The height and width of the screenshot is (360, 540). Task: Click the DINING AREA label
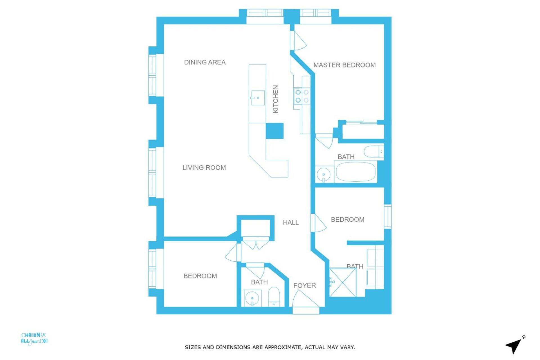pyautogui.click(x=205, y=62)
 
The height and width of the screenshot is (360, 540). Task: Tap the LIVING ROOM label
pyautogui.click(x=204, y=168)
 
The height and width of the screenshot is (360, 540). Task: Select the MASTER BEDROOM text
pyautogui.click(x=344, y=65)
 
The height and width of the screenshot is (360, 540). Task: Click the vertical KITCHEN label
pyautogui.click(x=276, y=99)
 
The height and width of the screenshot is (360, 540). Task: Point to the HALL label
pyautogui.click(x=291, y=222)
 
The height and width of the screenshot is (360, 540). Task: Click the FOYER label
pyautogui.click(x=304, y=285)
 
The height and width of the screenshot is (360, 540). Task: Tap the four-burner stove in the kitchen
pyautogui.click(x=302, y=96)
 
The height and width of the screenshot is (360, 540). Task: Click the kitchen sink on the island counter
pyautogui.click(x=258, y=98)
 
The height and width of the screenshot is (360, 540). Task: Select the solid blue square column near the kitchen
pyautogui.click(x=274, y=131)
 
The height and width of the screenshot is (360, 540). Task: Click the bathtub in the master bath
pyautogui.click(x=355, y=172)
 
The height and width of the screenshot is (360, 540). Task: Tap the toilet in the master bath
pyautogui.click(x=373, y=152)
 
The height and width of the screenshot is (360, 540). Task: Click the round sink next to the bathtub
pyautogui.click(x=323, y=175)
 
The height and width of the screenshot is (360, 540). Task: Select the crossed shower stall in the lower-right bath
pyautogui.click(x=342, y=282)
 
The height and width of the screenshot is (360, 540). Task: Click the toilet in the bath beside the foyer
pyautogui.click(x=274, y=296)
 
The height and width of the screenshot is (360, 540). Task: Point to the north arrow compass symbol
pyautogui.click(x=514, y=345)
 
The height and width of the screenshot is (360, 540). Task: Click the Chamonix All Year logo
pyautogui.click(x=35, y=338)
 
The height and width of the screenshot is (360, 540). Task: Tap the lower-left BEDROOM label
pyautogui.click(x=200, y=276)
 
